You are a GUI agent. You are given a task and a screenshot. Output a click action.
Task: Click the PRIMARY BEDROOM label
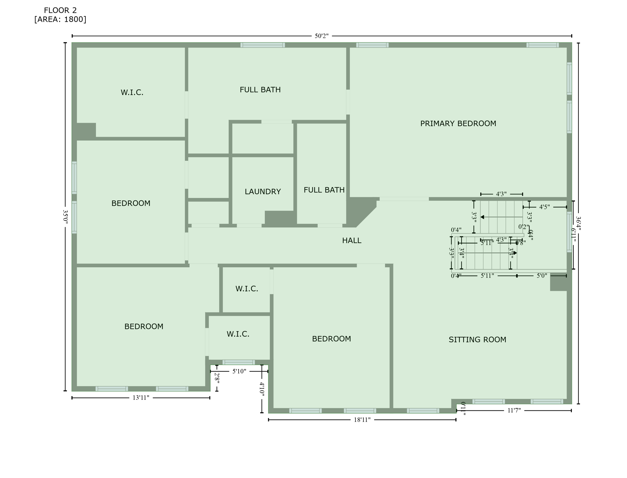click(458, 124)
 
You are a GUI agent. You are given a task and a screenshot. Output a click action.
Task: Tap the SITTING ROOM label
click(477, 340)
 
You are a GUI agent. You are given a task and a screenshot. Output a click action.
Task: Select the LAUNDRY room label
click(263, 192)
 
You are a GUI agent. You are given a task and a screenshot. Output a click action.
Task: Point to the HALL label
click(352, 241)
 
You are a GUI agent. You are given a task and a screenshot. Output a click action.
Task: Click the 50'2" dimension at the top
click(321, 36)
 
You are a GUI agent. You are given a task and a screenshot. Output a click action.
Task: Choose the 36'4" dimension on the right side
click(578, 224)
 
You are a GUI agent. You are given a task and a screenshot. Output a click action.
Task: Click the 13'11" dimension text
click(141, 398)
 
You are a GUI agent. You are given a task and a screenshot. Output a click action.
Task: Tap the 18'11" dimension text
click(362, 420)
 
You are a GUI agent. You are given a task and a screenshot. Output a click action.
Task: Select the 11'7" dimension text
click(514, 410)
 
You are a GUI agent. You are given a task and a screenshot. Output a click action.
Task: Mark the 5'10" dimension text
click(239, 371)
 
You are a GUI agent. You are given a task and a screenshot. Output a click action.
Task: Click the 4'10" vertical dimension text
click(262, 389)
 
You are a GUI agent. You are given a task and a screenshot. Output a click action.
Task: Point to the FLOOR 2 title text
click(60, 11)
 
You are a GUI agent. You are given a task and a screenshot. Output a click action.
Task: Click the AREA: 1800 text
click(60, 20)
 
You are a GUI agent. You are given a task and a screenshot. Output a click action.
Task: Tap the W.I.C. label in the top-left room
click(132, 92)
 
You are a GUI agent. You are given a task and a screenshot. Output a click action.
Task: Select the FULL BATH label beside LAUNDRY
click(324, 190)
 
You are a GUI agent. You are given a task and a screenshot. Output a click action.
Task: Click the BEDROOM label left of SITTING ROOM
click(331, 339)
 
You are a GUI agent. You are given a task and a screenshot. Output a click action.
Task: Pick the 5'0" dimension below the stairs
click(542, 276)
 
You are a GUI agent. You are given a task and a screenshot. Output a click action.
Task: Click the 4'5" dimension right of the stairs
click(544, 207)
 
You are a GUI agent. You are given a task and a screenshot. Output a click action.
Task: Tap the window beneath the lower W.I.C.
click(239, 362)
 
